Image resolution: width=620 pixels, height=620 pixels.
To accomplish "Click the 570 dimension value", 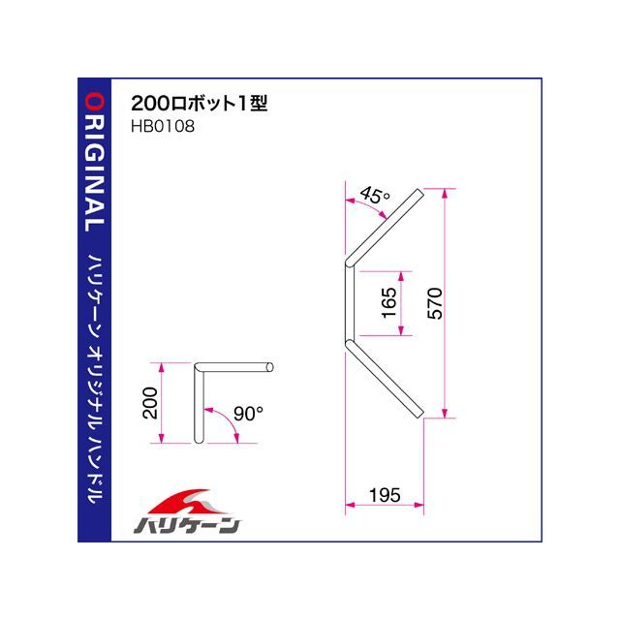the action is tap(435, 303).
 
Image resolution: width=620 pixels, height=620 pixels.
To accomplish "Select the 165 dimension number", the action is tap(388, 302).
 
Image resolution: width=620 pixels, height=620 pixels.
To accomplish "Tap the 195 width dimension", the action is tap(385, 495).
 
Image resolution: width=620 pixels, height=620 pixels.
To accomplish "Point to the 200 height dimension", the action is tap(150, 403).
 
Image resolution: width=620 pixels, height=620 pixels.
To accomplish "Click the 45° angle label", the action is tap(375, 196).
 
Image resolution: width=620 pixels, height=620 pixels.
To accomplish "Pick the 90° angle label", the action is tap(248, 414).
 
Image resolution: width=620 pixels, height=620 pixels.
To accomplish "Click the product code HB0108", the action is tap(163, 127).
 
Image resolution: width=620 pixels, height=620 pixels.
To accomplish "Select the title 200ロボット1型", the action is tap(200, 104).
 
